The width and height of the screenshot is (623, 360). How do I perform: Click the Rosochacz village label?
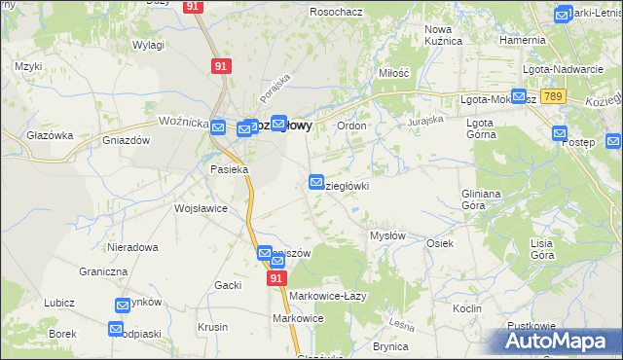coord(336,12)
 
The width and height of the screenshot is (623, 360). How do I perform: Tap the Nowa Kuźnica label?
coord(444,35)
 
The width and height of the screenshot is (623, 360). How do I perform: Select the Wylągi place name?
coord(148,46)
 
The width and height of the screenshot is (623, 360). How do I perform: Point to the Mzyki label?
coord(27,66)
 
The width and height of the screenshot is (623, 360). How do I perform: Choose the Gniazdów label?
coord(126,140)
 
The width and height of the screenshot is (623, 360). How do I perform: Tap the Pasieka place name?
coord(230,168)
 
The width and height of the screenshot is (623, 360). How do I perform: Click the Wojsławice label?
coord(201,208)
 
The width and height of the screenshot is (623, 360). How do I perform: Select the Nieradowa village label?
coord(133,247)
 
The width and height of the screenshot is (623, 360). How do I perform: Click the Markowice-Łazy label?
coord(327,296)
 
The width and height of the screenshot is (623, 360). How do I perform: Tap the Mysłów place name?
coord(387,236)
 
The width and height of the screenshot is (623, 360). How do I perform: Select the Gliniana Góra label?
coord(481,199)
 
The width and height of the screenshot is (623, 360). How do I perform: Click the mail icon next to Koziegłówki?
coord(316,182)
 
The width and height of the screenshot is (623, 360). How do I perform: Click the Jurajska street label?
coord(425,120)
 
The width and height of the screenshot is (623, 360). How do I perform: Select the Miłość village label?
coord(394,73)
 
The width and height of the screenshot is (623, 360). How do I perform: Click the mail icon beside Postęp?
coord(561,133)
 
